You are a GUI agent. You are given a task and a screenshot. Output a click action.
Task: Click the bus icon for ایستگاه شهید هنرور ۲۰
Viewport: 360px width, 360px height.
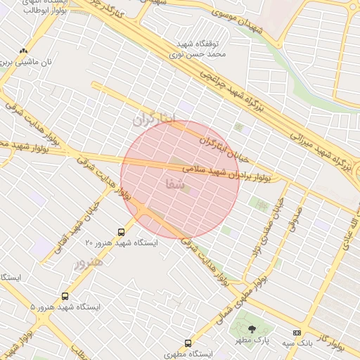[x=122, y=231]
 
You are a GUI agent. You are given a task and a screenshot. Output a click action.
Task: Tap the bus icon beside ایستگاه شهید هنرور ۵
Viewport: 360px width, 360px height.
[x=65, y=297]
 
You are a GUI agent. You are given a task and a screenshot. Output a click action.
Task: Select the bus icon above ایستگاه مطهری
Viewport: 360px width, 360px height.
[x=188, y=343]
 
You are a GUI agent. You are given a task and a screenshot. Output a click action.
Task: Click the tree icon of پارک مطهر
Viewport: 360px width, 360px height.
[x=252, y=330]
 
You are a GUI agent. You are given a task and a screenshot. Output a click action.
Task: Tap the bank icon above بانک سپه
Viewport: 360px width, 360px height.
[x=297, y=332]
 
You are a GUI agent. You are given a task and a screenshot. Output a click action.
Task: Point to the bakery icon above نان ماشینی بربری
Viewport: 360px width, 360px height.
[x=23, y=51]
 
